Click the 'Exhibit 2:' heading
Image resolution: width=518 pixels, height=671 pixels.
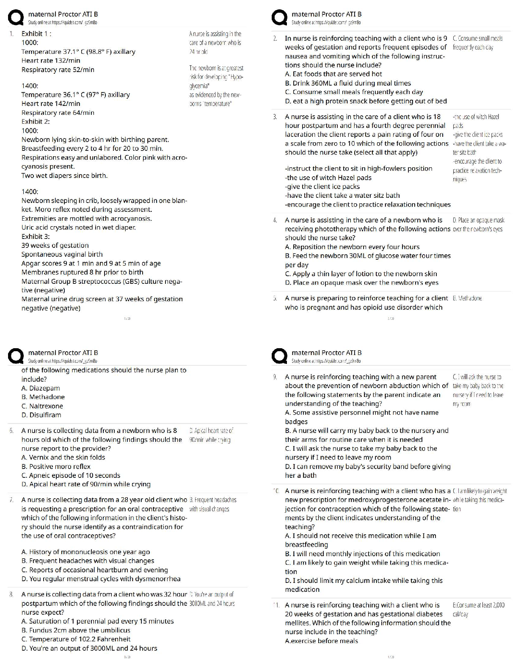point(36,122)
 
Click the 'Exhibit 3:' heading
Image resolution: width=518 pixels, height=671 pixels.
point(36,236)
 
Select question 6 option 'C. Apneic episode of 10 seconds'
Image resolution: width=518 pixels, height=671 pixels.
point(71,475)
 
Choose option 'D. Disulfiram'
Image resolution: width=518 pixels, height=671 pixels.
point(41,415)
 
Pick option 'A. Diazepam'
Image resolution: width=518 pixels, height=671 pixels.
point(41,388)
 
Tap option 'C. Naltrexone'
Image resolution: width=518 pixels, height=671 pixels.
point(42,406)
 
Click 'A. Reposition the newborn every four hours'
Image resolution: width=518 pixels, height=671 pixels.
point(352,247)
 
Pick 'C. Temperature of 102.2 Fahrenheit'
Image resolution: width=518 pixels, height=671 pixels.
point(76,639)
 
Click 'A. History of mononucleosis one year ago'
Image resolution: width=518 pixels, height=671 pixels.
point(85,552)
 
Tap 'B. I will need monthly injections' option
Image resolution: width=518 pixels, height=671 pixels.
point(362,554)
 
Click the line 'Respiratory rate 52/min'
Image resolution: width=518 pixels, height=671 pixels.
point(58,70)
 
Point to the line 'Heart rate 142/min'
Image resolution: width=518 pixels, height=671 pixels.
point(51,104)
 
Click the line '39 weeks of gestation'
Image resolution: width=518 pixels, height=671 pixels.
point(55,245)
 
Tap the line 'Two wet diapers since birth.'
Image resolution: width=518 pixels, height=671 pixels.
point(64,176)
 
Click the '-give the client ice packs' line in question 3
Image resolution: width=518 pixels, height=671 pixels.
point(322,187)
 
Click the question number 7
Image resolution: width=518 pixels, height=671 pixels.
point(12,500)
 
